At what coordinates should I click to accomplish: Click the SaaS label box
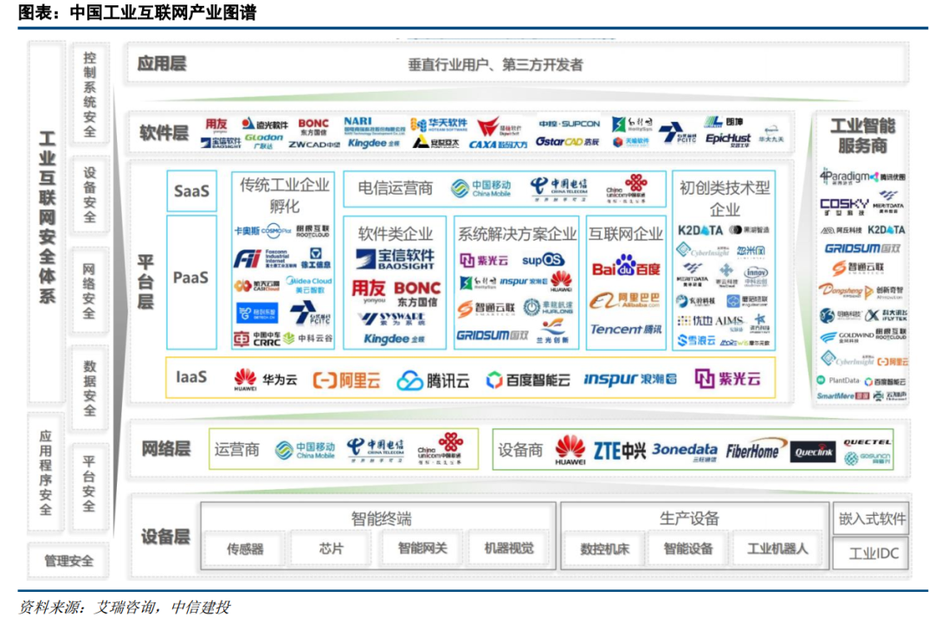(x=191, y=190)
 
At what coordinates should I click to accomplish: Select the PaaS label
(x=191, y=278)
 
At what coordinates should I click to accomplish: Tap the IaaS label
(x=191, y=377)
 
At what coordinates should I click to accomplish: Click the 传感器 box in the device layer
(x=245, y=549)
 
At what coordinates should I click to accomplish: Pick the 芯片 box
(x=331, y=549)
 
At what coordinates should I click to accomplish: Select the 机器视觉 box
(x=509, y=549)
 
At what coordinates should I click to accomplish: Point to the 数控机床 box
(x=604, y=549)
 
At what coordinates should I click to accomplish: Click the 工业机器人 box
(x=777, y=549)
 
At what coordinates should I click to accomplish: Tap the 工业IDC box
(x=869, y=554)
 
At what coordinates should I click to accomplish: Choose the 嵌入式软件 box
(x=869, y=518)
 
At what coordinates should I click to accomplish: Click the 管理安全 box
(x=69, y=561)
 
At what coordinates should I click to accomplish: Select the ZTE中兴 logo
(x=619, y=451)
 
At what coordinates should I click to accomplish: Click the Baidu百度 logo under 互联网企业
(x=625, y=267)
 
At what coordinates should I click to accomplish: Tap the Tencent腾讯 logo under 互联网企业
(x=625, y=330)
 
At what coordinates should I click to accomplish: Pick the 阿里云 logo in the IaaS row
(x=347, y=379)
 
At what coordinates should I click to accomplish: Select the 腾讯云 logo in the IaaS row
(x=433, y=380)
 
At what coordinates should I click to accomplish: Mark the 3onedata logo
(x=685, y=450)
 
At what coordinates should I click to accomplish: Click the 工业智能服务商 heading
(x=862, y=135)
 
